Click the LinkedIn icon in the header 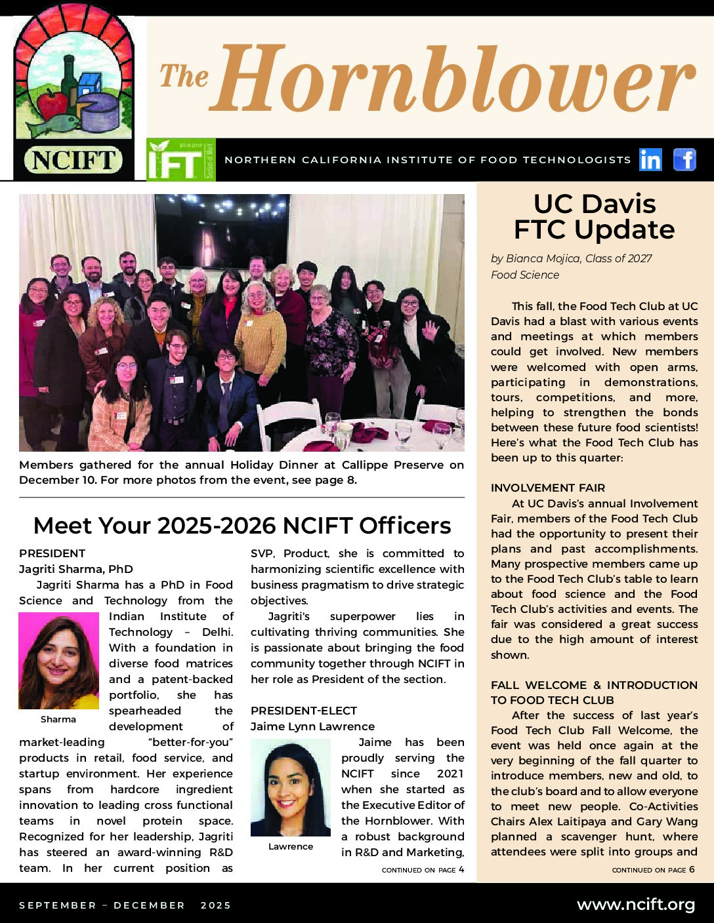[x=650, y=159]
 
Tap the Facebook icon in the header [x=684, y=159]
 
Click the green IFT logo [x=180, y=159]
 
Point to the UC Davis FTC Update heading [x=595, y=217]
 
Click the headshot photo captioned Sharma [x=58, y=660]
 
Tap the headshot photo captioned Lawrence [x=291, y=787]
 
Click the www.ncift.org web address [x=635, y=905]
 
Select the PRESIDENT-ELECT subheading [x=304, y=711]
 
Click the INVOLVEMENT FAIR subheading [x=548, y=488]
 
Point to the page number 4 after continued [x=461, y=870]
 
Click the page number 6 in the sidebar [x=692, y=870]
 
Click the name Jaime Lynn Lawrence [x=312, y=726]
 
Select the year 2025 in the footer [x=216, y=905]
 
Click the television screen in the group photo [x=222, y=230]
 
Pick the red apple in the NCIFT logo [x=52, y=105]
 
